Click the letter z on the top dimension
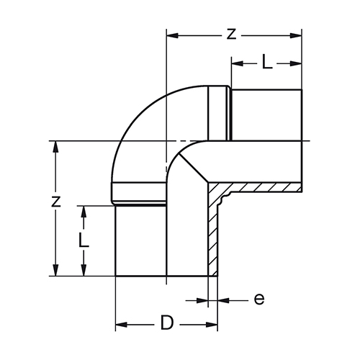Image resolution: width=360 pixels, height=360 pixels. [231, 35]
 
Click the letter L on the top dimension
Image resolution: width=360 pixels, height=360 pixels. [266, 61]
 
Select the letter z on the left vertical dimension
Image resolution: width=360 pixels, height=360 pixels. [55, 202]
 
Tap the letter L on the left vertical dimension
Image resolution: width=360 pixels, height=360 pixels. [84, 239]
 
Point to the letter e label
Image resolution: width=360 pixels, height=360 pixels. [259, 300]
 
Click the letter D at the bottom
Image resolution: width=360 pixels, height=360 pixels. [166, 323]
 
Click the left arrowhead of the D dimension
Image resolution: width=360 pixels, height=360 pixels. [121, 325]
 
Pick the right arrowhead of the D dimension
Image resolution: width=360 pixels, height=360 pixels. [212, 325]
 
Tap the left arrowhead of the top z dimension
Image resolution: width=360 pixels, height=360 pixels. [172, 36]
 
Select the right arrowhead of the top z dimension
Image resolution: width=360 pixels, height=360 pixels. [296, 36]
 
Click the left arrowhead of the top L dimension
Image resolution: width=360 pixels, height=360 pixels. [238, 63]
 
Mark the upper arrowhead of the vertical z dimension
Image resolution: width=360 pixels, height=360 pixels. [55, 147]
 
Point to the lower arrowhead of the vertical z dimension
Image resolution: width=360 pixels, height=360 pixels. [55, 270]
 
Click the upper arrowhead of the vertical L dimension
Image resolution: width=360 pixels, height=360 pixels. [84, 212]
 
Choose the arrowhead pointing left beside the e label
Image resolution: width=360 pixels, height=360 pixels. [224, 300]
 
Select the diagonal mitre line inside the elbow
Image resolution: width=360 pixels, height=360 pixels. [194, 168]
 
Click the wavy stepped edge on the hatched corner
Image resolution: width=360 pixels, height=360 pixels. [225, 198]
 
